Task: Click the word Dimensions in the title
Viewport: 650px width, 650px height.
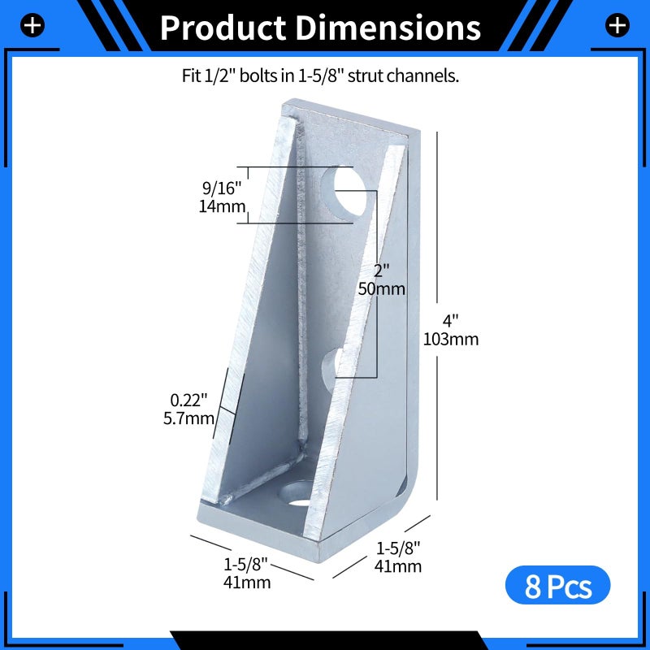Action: click(x=388, y=28)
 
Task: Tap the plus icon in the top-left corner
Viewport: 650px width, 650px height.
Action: click(x=32, y=26)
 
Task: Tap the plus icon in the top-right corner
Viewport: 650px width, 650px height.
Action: click(x=617, y=25)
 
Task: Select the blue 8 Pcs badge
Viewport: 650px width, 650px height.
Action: click(x=557, y=585)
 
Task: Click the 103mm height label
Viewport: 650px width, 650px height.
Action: click(x=451, y=339)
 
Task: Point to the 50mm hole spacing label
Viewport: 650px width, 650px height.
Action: click(x=381, y=288)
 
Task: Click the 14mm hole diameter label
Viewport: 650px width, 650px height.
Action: click(x=222, y=206)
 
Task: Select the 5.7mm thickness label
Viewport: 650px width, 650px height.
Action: click(x=188, y=418)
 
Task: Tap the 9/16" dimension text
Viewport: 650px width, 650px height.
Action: click(x=221, y=188)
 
